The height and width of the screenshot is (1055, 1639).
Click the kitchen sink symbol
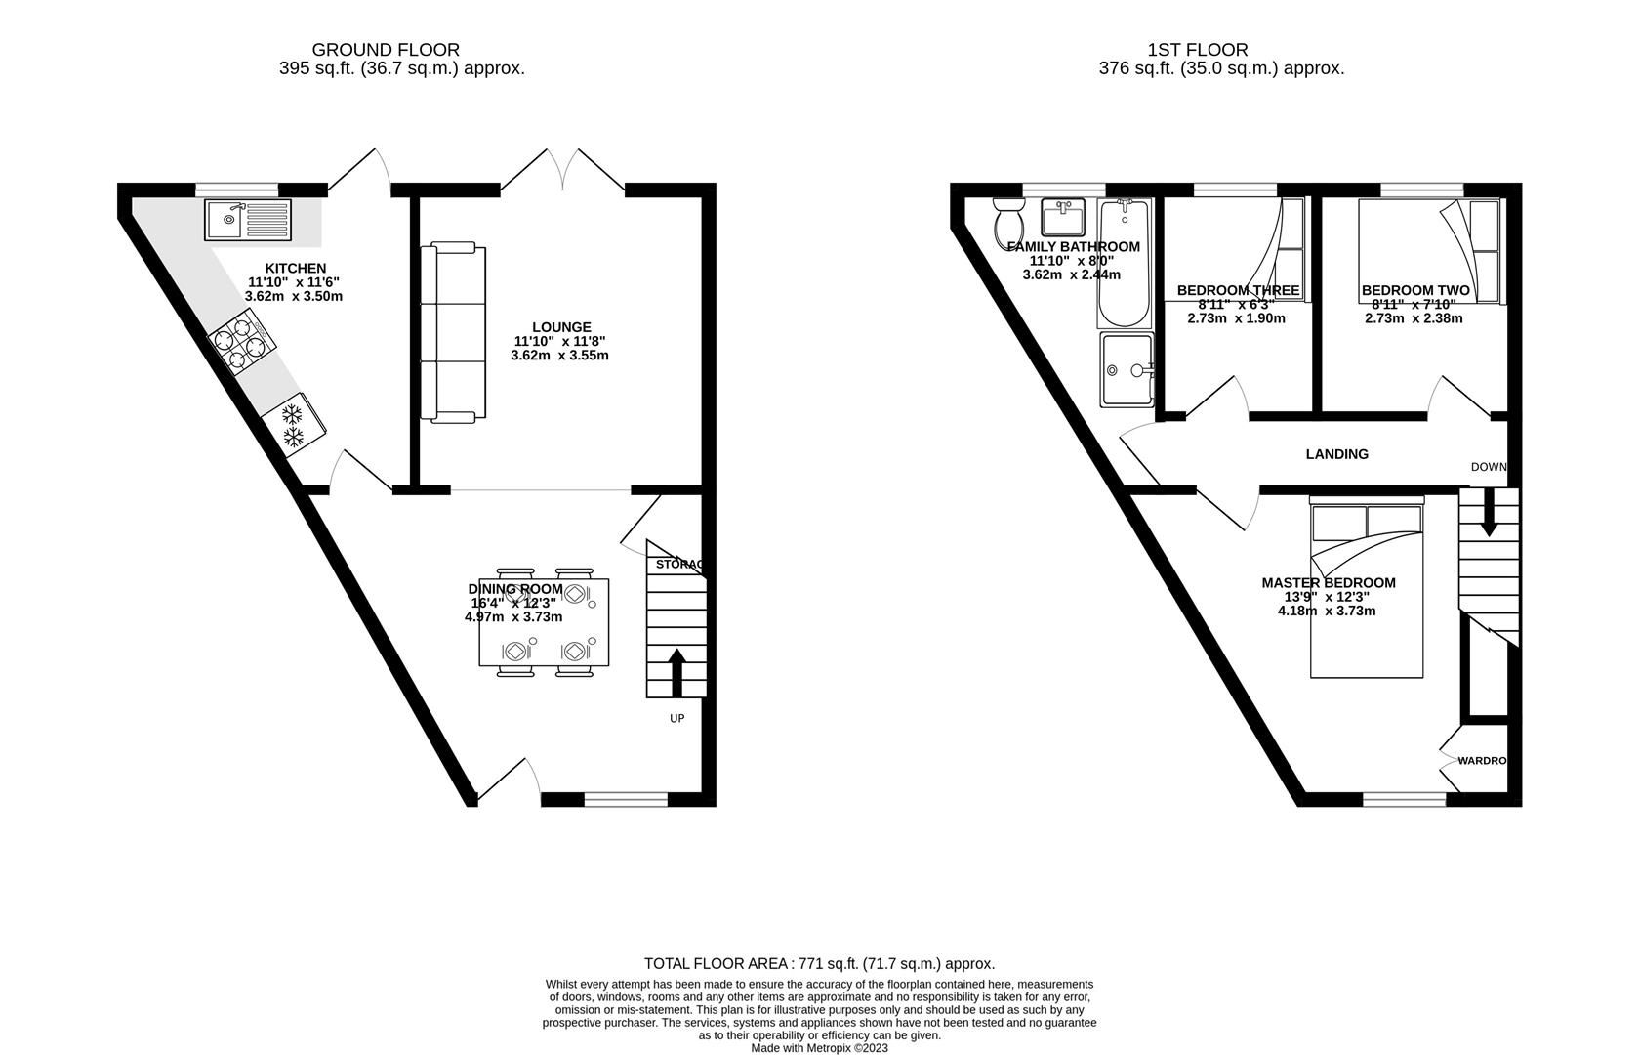click(x=247, y=219)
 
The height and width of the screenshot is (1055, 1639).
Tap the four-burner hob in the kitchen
click(x=243, y=343)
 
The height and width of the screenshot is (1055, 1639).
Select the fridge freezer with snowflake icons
click(x=295, y=424)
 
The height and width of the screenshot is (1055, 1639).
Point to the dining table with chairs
click(x=544, y=622)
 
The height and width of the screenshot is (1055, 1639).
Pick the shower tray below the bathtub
click(x=1127, y=369)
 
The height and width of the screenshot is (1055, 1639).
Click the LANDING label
click(x=1336, y=454)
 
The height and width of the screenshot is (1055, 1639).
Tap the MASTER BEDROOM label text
click(x=1328, y=583)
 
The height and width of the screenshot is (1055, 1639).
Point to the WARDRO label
click(x=1482, y=761)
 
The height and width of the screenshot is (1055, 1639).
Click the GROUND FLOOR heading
click(x=386, y=49)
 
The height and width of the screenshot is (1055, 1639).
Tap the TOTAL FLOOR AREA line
click(x=819, y=963)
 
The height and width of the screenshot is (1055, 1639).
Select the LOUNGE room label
click(x=561, y=327)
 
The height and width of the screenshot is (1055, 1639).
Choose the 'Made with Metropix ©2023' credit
click(x=819, y=1047)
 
